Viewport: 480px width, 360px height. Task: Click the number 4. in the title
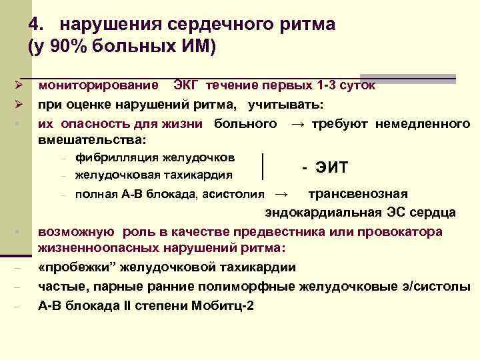(x=38, y=25)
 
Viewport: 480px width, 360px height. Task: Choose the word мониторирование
(x=98, y=85)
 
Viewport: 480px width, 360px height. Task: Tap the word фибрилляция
(x=113, y=157)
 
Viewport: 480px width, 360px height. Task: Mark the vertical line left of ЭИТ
(x=265, y=166)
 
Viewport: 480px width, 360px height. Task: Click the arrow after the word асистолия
(x=281, y=195)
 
